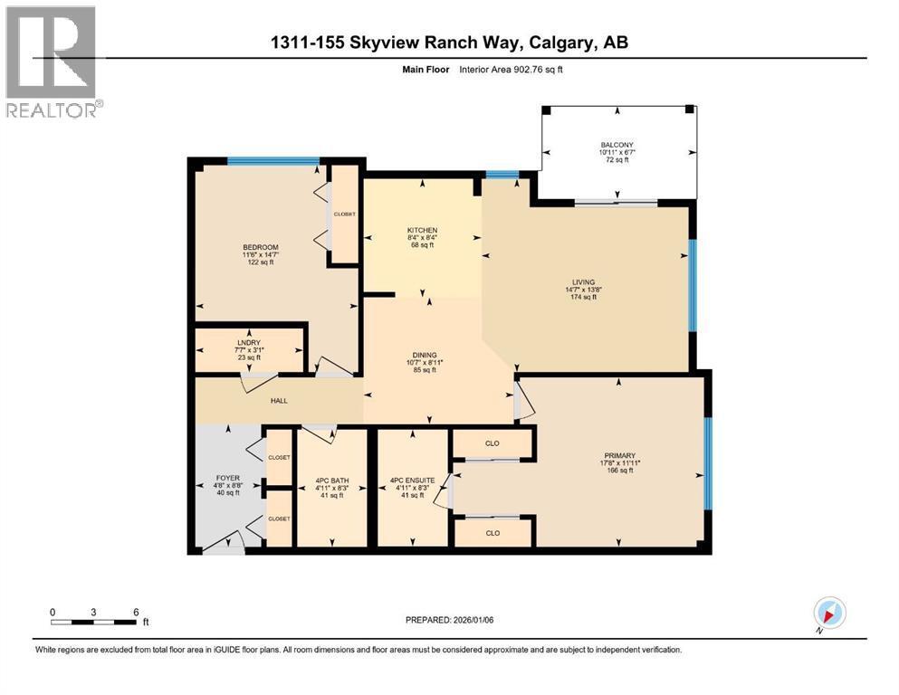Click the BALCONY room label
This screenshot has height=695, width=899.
tap(619, 145)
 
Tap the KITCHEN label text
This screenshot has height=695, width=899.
tap(422, 230)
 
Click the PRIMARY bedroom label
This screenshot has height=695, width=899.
tap(620, 455)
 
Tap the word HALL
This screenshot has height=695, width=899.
tap(278, 400)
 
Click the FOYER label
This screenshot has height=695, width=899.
tap(228, 477)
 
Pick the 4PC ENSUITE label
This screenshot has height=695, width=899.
tap(412, 480)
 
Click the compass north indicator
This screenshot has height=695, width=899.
tap(829, 614)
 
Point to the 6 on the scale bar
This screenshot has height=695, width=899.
tap(136, 612)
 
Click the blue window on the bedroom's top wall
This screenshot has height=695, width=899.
tap(273, 161)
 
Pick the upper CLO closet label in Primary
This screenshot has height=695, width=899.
tap(493, 443)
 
